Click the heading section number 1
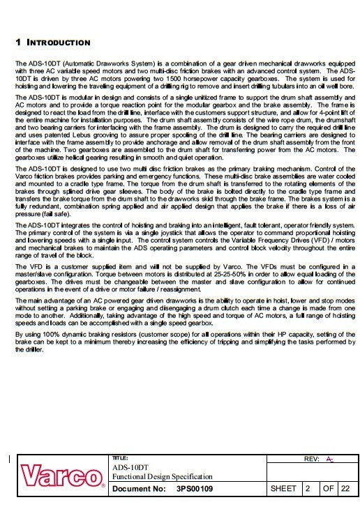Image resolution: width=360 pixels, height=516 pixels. click(18, 43)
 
